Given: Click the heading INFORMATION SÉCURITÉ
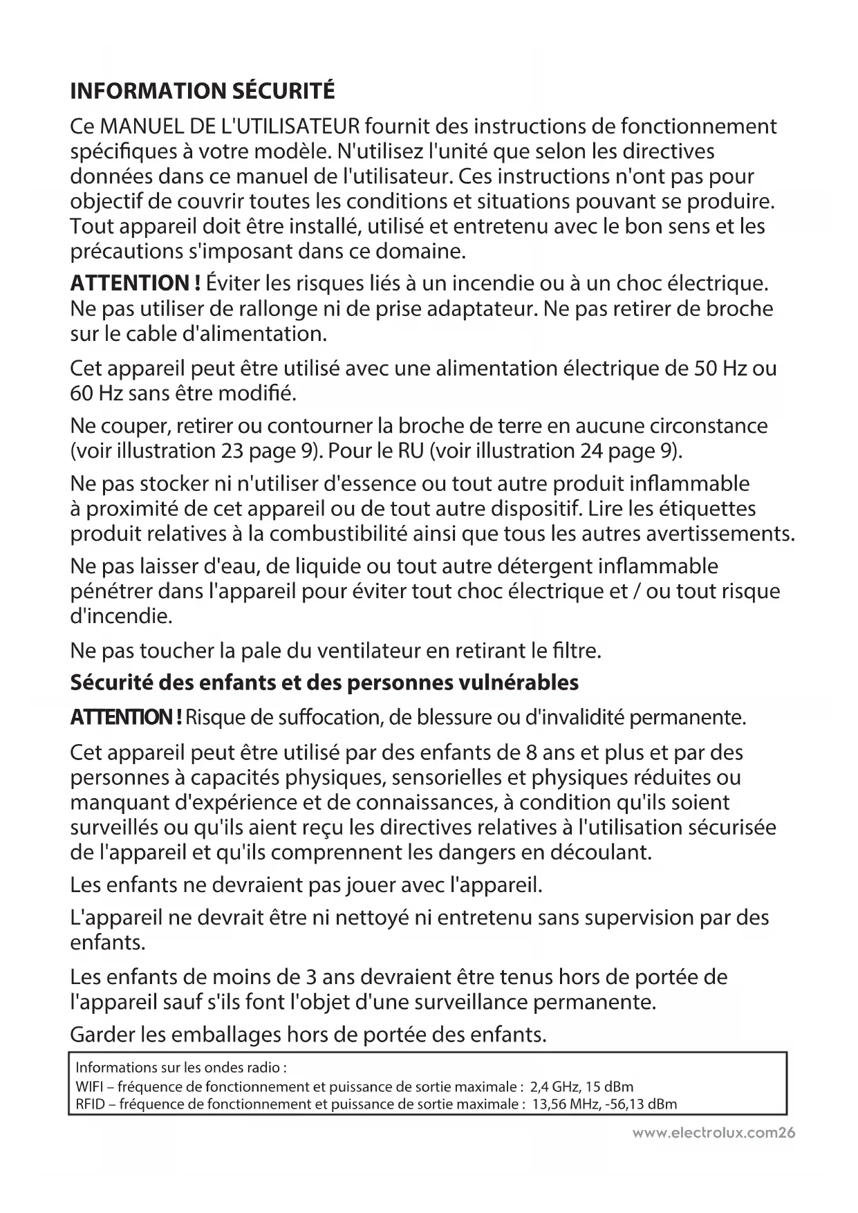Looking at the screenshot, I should pos(203,91).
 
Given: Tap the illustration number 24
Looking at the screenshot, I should pos(588,451).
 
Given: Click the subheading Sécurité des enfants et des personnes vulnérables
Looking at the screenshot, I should pos(324,683).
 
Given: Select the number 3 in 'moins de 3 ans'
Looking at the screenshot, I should pos(311,977).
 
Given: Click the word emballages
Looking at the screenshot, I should pos(225,1035).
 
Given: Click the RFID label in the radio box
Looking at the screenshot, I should pos(87,1104).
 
